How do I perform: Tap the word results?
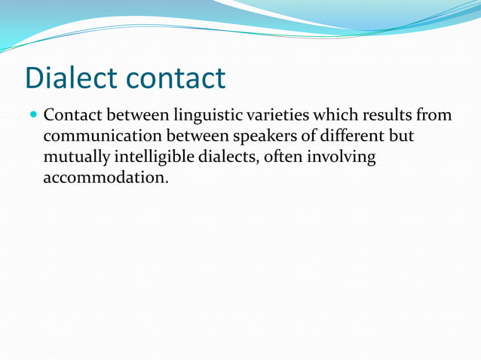[x=387, y=117]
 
